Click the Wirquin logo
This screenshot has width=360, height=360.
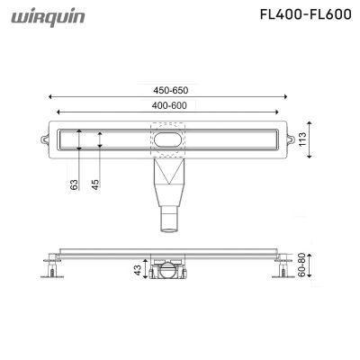[x=48, y=18]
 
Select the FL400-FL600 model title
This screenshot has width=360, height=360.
[x=305, y=13]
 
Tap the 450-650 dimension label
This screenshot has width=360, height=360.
[x=171, y=90]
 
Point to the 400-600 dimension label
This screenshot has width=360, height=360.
[x=169, y=105]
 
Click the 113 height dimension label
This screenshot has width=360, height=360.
[x=302, y=139]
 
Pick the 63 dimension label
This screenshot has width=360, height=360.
[x=74, y=184]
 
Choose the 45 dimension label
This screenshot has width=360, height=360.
[x=95, y=184]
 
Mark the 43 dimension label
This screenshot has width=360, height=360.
[x=138, y=270]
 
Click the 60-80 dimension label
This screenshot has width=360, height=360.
[x=301, y=265]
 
